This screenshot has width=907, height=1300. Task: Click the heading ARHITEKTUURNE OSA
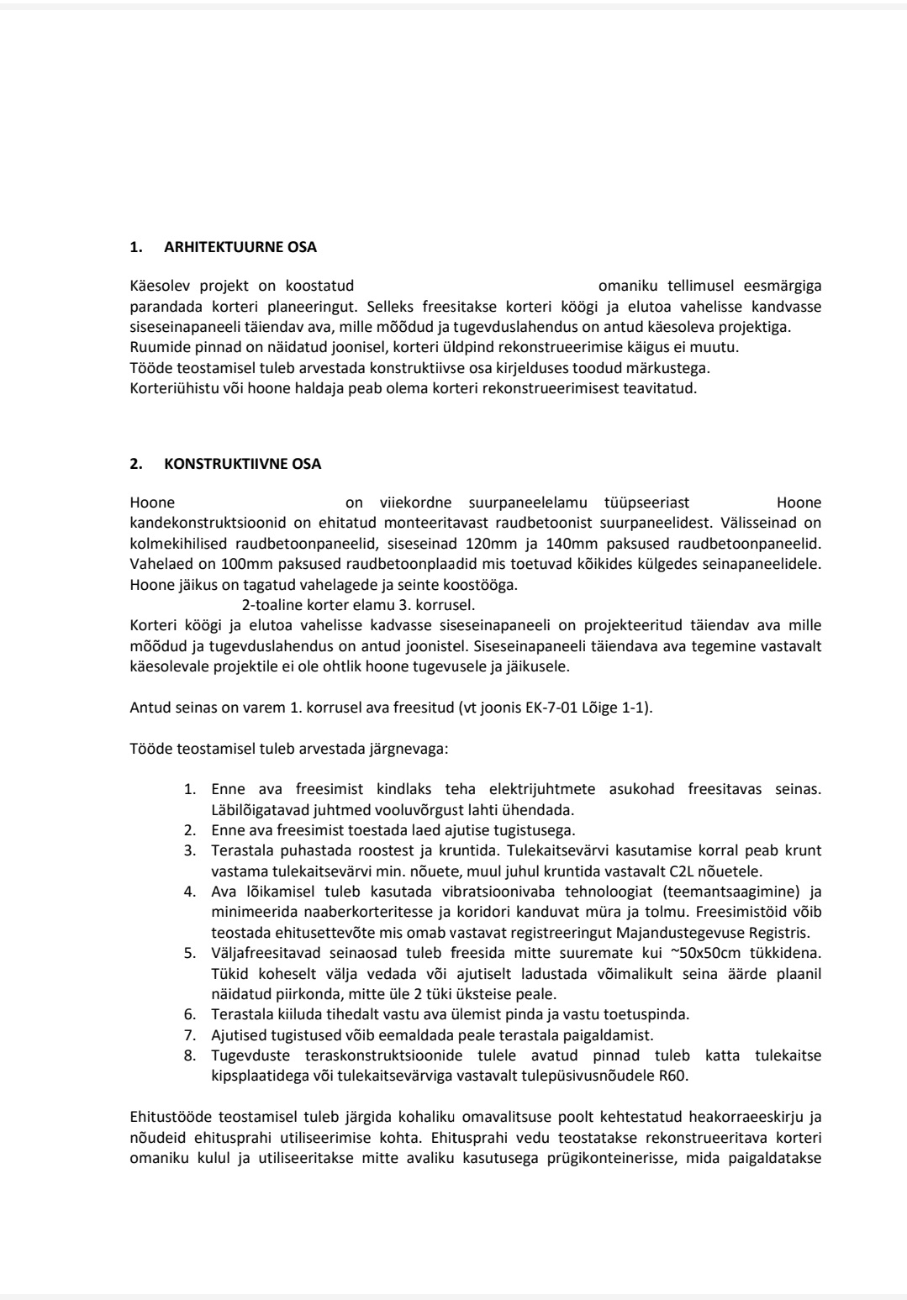pos(240,248)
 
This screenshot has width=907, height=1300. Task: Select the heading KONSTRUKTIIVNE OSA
pos(243,464)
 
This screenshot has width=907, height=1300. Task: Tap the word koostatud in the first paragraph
pos(320,287)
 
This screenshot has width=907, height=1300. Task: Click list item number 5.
pos(190,953)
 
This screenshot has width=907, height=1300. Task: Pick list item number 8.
pos(190,1055)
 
